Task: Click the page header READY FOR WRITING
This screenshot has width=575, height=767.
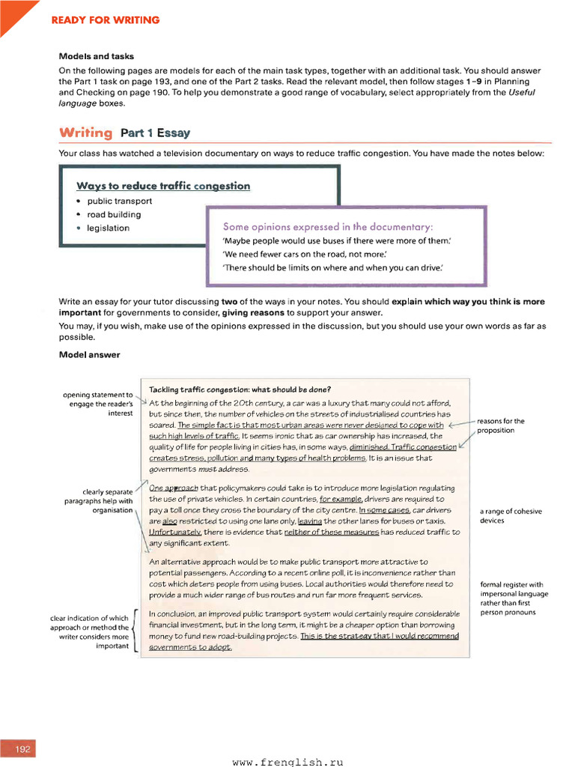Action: pos(105,20)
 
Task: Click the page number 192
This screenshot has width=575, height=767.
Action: pos(22,749)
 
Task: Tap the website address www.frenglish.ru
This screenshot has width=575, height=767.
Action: pos(287,761)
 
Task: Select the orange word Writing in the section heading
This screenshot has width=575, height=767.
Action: pos(85,133)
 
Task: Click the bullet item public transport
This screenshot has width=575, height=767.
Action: pos(119,201)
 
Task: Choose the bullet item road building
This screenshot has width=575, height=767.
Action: pos(114,214)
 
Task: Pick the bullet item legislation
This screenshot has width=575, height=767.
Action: pos(108,228)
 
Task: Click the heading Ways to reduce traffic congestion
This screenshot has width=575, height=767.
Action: pos(163,186)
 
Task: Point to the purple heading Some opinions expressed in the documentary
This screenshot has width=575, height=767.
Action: pos(328,226)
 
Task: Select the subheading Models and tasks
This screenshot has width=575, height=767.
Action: pos(96,56)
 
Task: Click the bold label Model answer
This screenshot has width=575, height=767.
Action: pos(89,355)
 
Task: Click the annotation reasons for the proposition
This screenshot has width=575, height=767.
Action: pos(500,425)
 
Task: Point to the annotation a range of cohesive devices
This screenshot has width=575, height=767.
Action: pos(511,516)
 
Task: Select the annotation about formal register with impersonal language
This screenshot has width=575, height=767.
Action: pos(514,598)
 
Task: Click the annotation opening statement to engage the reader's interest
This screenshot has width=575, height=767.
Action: pos(97,404)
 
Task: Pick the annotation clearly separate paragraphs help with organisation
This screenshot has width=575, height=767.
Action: pos(98,501)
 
